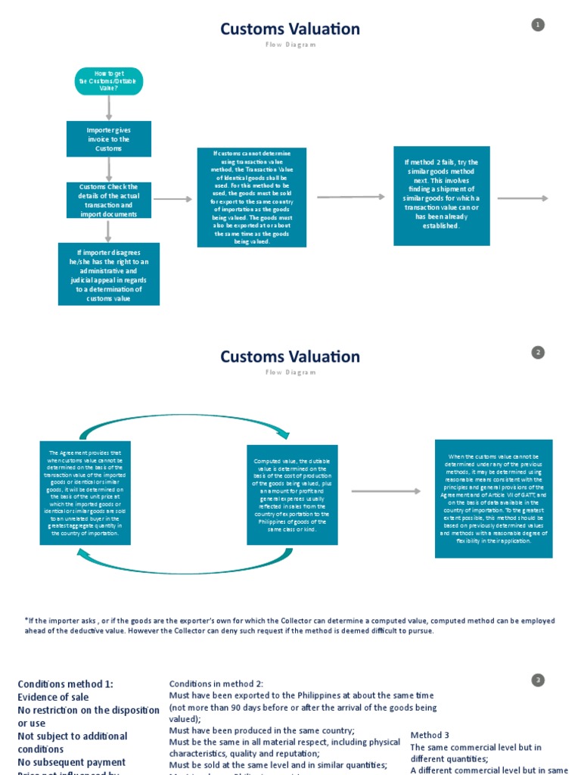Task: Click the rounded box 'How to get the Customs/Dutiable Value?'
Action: pyautogui.click(x=109, y=82)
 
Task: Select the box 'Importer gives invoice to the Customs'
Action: pyautogui.click(x=109, y=139)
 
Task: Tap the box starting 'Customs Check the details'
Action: pyautogui.click(x=109, y=201)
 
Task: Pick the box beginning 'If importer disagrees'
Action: pyautogui.click(x=109, y=274)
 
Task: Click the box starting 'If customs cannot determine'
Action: pyautogui.click(x=252, y=198)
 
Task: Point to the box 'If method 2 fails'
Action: pyautogui.click(x=442, y=195)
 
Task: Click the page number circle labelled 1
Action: pyautogui.click(x=538, y=25)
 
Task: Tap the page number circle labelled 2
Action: pyautogui.click(x=538, y=353)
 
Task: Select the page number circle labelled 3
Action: pyautogui.click(x=538, y=680)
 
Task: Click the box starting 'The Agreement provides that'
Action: pyautogui.click(x=85, y=493)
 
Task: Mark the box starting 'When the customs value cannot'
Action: pyautogui.click(x=493, y=499)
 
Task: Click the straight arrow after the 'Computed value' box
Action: pyautogui.click(x=386, y=491)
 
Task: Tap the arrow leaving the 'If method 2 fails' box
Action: pyautogui.click(x=523, y=198)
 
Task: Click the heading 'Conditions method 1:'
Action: pyautogui.click(x=66, y=684)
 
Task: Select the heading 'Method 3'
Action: pyautogui.click(x=430, y=735)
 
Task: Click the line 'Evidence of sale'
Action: pyautogui.click(x=54, y=697)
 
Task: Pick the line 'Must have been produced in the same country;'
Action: pyautogui.click(x=262, y=731)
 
